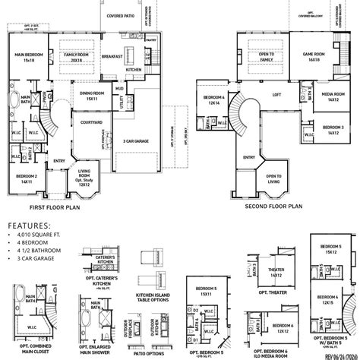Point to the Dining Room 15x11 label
92,96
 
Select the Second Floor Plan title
276,206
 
